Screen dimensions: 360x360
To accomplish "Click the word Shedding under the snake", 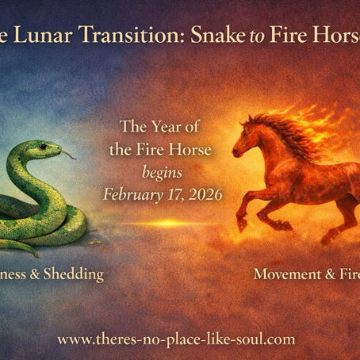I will click(75, 274).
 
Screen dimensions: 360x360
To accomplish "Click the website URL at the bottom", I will click(176, 339).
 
